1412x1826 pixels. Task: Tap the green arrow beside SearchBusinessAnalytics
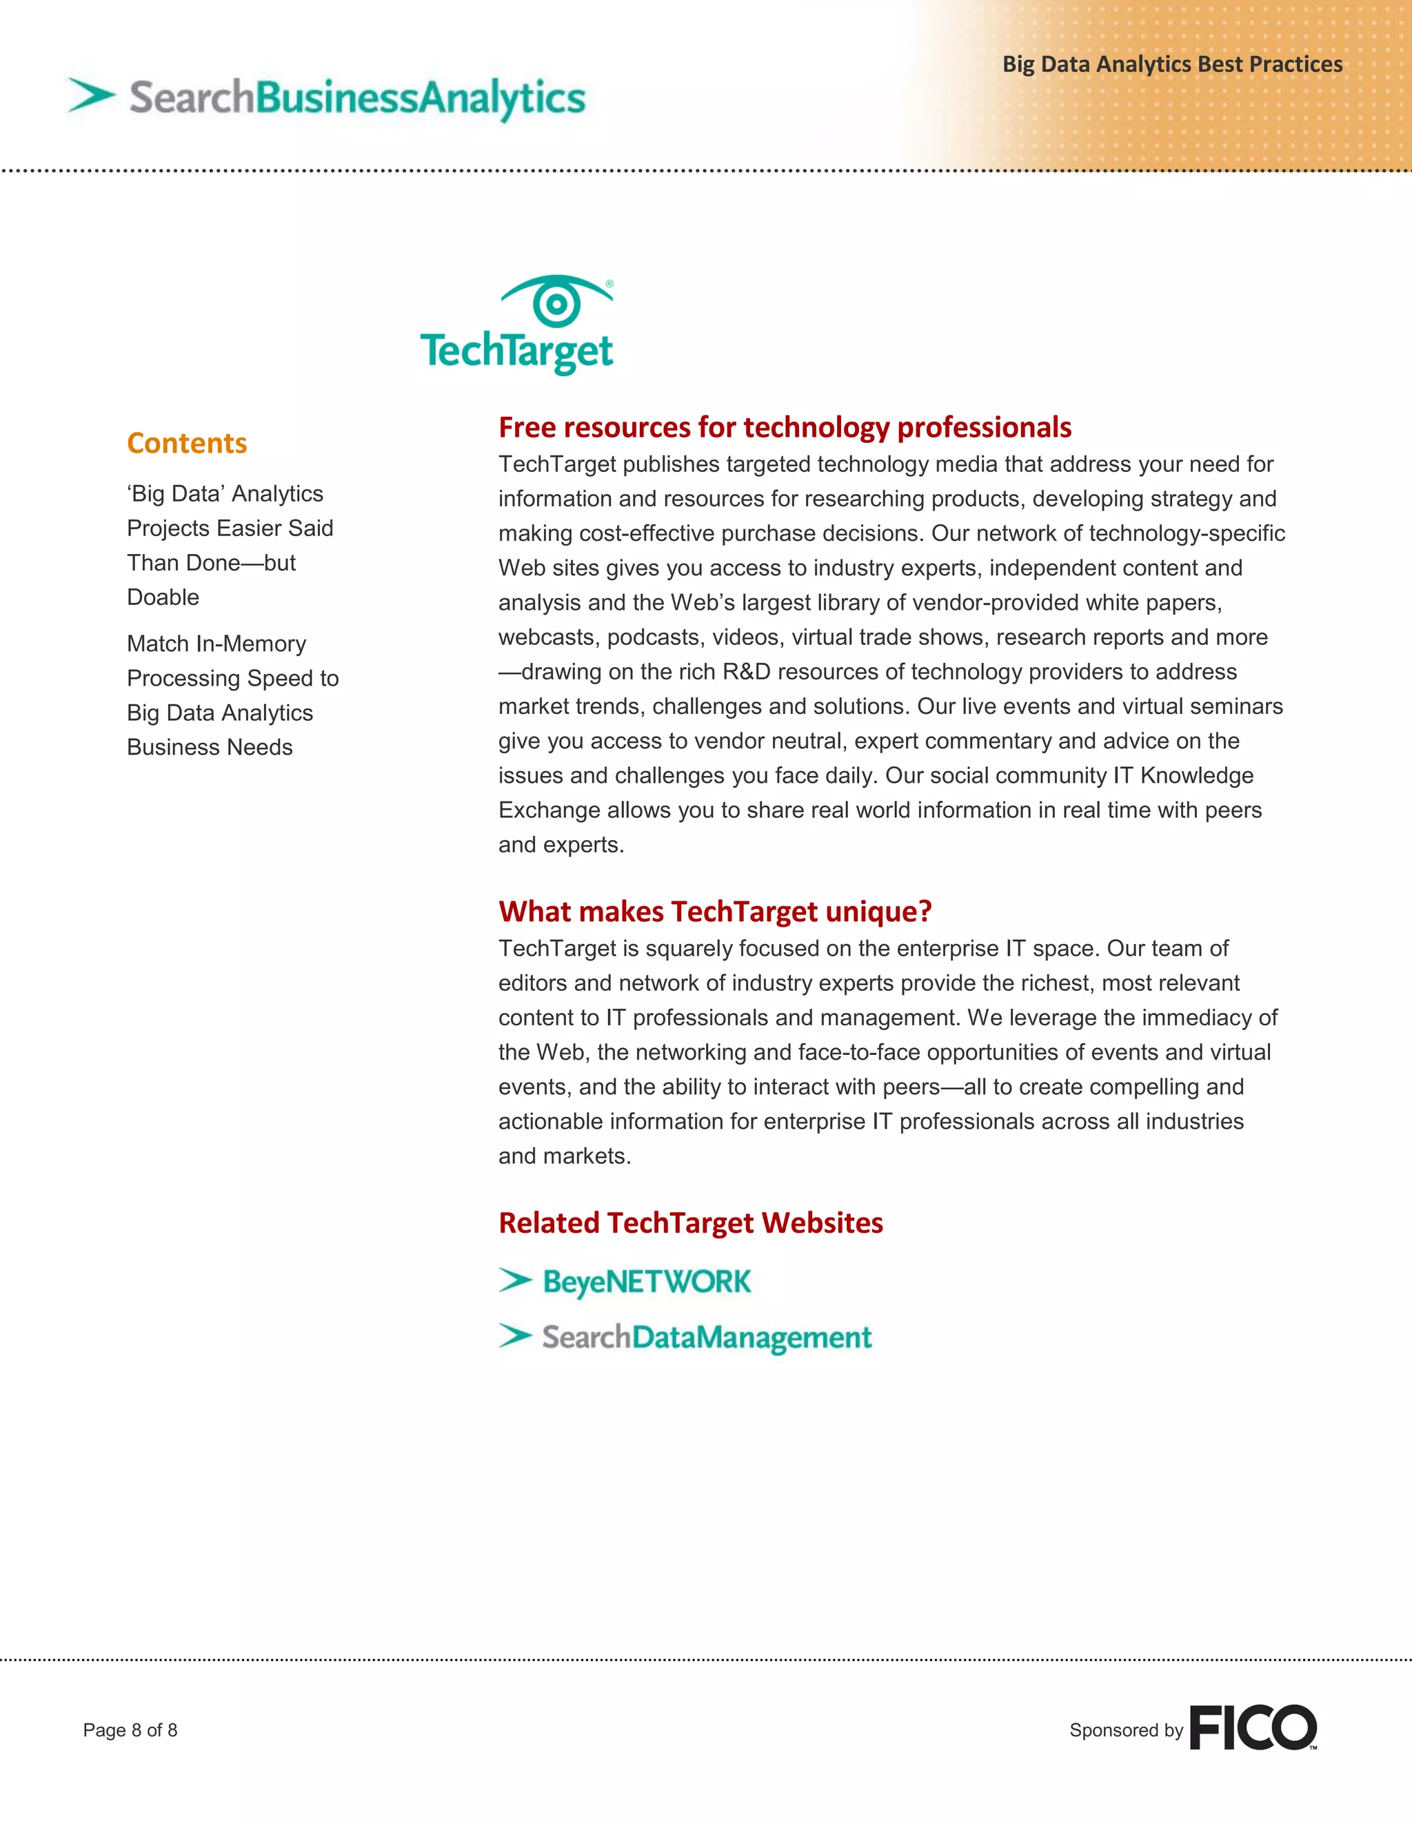[91, 94]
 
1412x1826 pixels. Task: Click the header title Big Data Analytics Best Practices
[1172, 64]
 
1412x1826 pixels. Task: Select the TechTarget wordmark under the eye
[517, 351]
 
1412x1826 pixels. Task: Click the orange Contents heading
[187, 443]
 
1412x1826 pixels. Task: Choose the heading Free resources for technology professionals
[785, 427]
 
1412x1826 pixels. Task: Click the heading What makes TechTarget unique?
[714, 912]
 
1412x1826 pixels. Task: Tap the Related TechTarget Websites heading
[690, 1223]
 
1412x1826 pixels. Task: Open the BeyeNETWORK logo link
[647, 1282]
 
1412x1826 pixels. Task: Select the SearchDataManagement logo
[707, 1337]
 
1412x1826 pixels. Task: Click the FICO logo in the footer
[1252, 1727]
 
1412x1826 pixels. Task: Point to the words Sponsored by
[1126, 1730]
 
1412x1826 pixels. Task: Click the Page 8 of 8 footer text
[130, 1730]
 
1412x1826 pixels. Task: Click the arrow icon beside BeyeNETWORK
[515, 1280]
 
